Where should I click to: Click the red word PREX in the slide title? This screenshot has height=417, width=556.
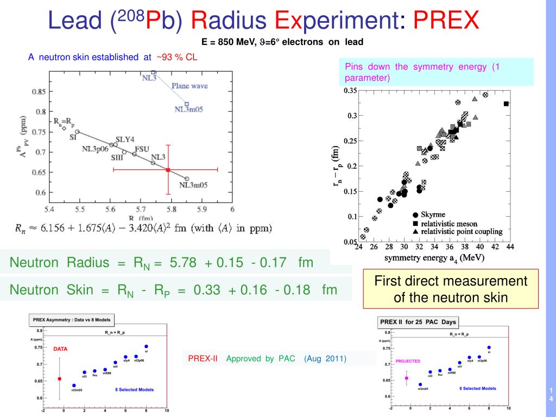(x=446, y=21)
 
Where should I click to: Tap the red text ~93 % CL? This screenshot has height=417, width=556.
(x=176, y=57)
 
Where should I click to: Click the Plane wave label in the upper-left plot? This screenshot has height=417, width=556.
(x=189, y=86)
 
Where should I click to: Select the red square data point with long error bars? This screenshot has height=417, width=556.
(x=168, y=170)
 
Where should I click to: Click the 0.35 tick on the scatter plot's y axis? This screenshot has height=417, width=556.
(x=350, y=91)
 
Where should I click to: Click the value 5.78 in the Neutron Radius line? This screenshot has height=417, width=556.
(x=185, y=263)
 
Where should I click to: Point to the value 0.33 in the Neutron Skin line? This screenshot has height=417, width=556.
(x=207, y=290)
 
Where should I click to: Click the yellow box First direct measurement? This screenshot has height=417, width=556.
(x=451, y=289)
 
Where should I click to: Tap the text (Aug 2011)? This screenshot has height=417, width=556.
(x=325, y=358)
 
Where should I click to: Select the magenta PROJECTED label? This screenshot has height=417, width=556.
(x=407, y=361)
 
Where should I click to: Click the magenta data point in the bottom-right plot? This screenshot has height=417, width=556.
(x=407, y=377)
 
